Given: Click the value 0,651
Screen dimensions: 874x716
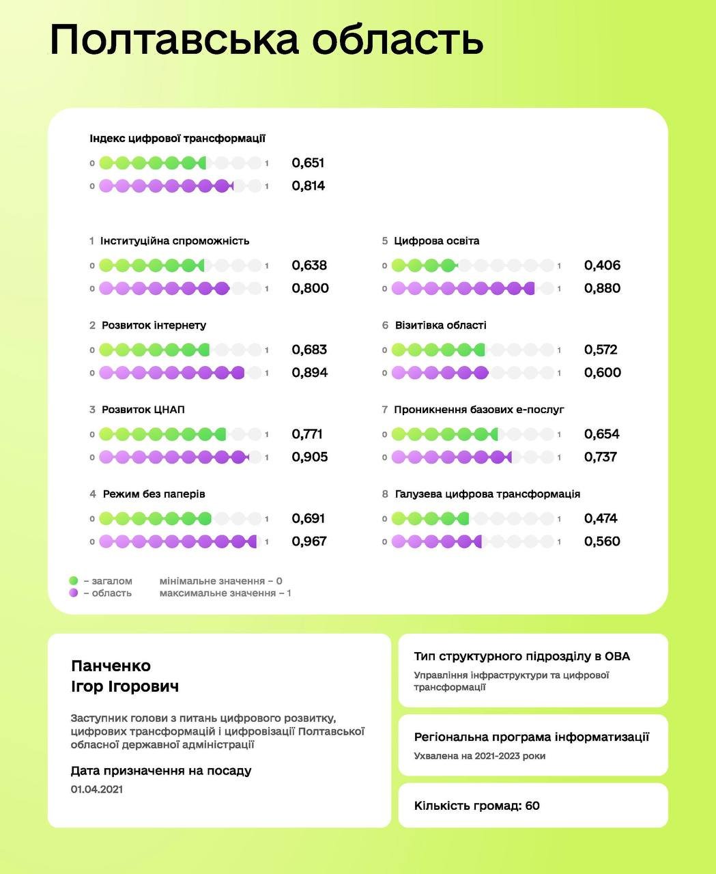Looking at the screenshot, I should tap(308, 163).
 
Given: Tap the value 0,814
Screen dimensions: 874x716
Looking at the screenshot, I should tap(308, 186).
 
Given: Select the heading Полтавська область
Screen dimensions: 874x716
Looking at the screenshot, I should tap(267, 40).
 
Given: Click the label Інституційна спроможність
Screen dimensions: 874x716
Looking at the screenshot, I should tap(175, 241).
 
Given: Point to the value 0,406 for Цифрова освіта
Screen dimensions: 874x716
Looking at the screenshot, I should tap(602, 266).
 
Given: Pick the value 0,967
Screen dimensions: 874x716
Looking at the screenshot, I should tap(309, 541).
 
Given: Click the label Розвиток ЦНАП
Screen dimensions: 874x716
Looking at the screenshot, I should tap(143, 410).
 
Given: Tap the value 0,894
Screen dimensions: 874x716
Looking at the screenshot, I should tap(309, 373).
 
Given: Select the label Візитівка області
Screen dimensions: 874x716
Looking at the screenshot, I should tap(440, 326).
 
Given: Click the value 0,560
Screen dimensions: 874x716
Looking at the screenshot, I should tap(602, 541).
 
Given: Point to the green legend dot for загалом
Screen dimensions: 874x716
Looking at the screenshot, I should tap(74, 581).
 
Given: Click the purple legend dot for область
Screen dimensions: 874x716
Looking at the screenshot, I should tap(74, 593).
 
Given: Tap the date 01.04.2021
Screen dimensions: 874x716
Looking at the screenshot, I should tap(97, 789).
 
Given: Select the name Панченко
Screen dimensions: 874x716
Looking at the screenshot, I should tap(111, 666).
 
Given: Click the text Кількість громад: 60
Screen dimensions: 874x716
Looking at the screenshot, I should tap(476, 806).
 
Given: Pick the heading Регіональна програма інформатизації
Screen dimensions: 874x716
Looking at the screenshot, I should tap(531, 737).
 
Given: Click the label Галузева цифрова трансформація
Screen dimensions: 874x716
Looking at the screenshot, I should tap(487, 494).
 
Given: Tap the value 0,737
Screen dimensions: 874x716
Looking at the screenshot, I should tap(601, 457).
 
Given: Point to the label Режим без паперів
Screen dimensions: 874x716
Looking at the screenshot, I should tap(154, 494).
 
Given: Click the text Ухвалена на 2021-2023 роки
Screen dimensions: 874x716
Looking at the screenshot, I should tap(479, 756).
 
